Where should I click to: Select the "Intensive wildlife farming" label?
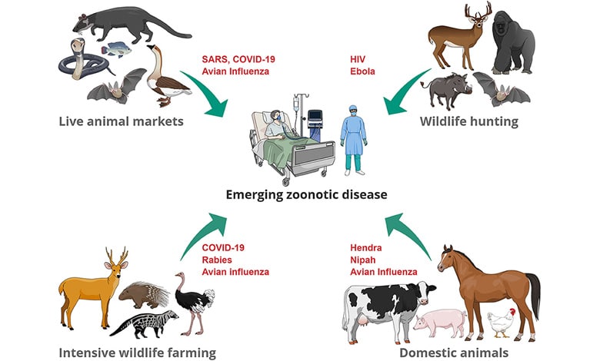137,353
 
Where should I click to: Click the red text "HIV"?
358,61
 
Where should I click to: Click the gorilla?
512,42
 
